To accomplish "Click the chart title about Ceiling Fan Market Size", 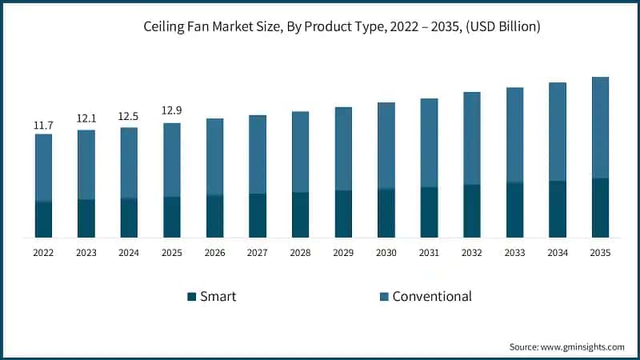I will pyautogui.click(x=319, y=27).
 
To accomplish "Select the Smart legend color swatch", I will pyautogui.click(x=191, y=297).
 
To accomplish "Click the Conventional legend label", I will pyautogui.click(x=431, y=297).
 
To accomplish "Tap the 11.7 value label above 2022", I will pyautogui.click(x=43, y=126).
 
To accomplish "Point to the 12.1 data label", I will pyautogui.click(x=86, y=118).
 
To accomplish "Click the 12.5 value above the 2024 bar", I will pyautogui.click(x=129, y=116).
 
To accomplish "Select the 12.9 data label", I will pyautogui.click(x=172, y=110).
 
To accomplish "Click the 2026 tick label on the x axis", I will pyautogui.click(x=214, y=252).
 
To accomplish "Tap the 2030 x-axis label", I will pyautogui.click(x=386, y=252).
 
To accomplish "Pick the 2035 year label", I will pyautogui.click(x=600, y=252).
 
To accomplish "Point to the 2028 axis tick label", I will pyautogui.click(x=300, y=252).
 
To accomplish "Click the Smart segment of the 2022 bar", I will pyautogui.click(x=43, y=219).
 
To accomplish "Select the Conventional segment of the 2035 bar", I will pyautogui.click(x=600, y=127).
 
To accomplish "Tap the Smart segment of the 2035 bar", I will pyautogui.click(x=600, y=208).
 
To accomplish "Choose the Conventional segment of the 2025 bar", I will pyautogui.click(x=172, y=159).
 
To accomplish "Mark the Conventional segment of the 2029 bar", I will pyautogui.click(x=343, y=149).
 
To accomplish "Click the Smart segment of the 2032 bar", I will pyautogui.click(x=471, y=211).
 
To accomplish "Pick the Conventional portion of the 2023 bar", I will pyautogui.click(x=86, y=164).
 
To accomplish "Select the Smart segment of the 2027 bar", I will pyautogui.click(x=258, y=215).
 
